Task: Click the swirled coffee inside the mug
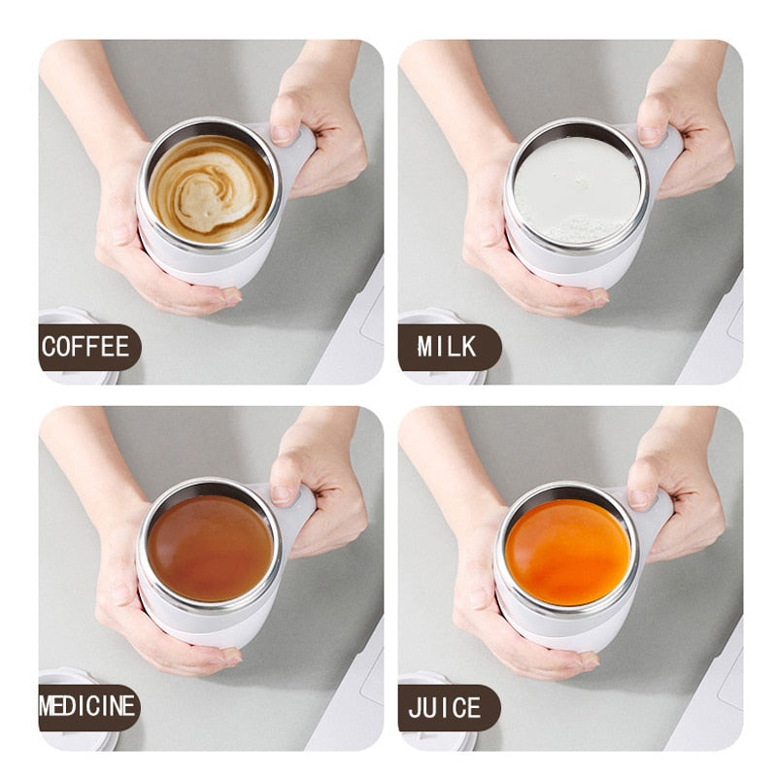click(x=211, y=187)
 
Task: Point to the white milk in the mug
click(x=576, y=187)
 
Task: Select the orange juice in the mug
click(x=568, y=552)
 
